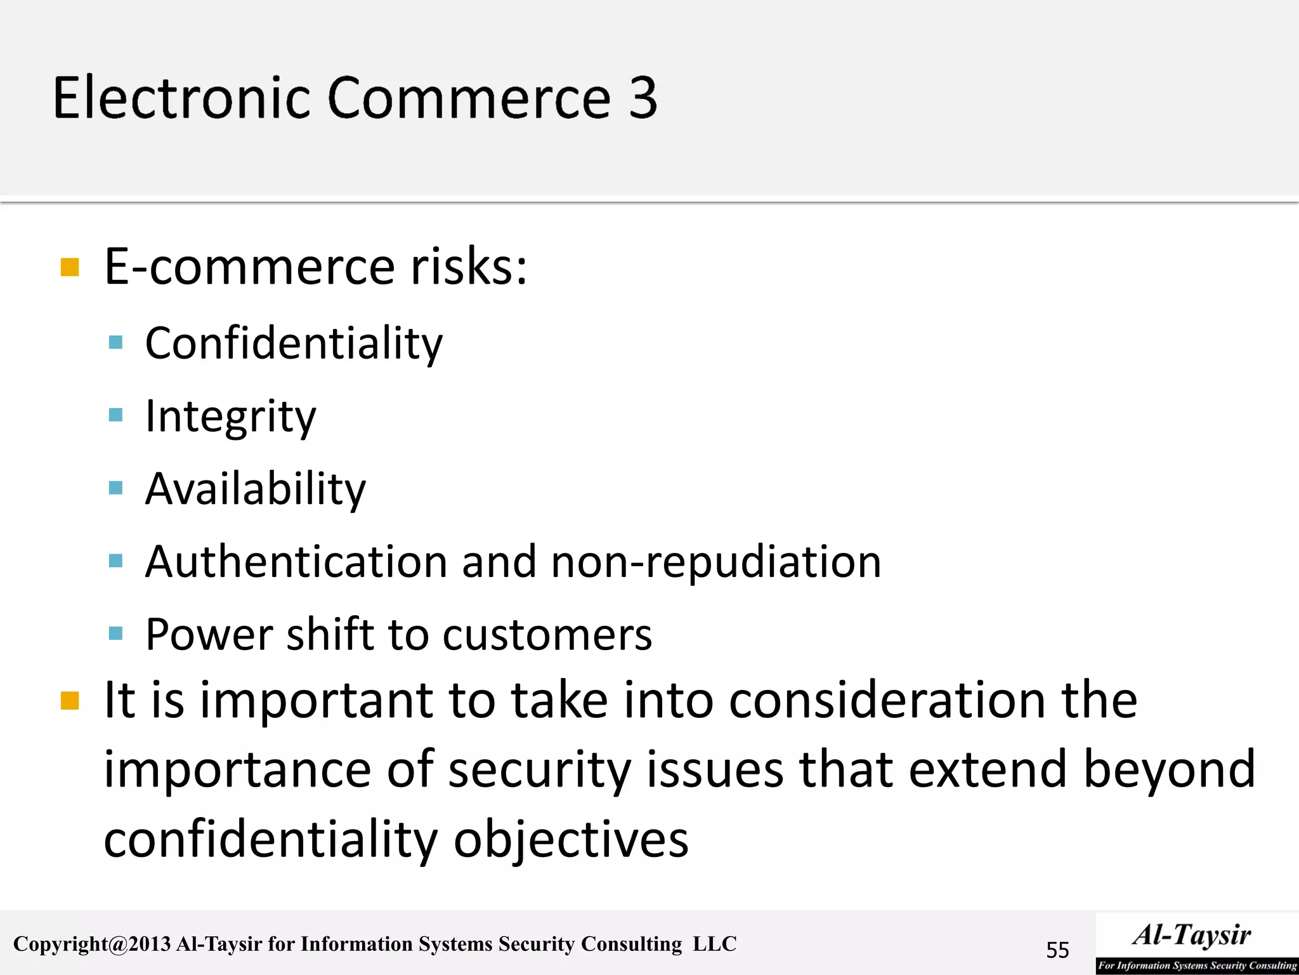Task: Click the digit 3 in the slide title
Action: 643,98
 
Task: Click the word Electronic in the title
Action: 181,98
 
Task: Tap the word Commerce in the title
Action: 469,98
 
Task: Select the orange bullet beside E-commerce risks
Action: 70,267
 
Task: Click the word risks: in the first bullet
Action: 469,267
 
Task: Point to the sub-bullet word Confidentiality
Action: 294,343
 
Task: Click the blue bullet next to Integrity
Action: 115,416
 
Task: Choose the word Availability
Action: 256,489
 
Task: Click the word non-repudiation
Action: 716,563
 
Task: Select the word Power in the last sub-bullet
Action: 209,634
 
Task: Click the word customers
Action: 547,635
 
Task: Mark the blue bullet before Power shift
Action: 115,633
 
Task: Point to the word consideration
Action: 887,700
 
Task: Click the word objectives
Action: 571,839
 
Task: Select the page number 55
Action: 1057,950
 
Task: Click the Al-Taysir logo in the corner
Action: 1196,943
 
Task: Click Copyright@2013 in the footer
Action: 92,944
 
